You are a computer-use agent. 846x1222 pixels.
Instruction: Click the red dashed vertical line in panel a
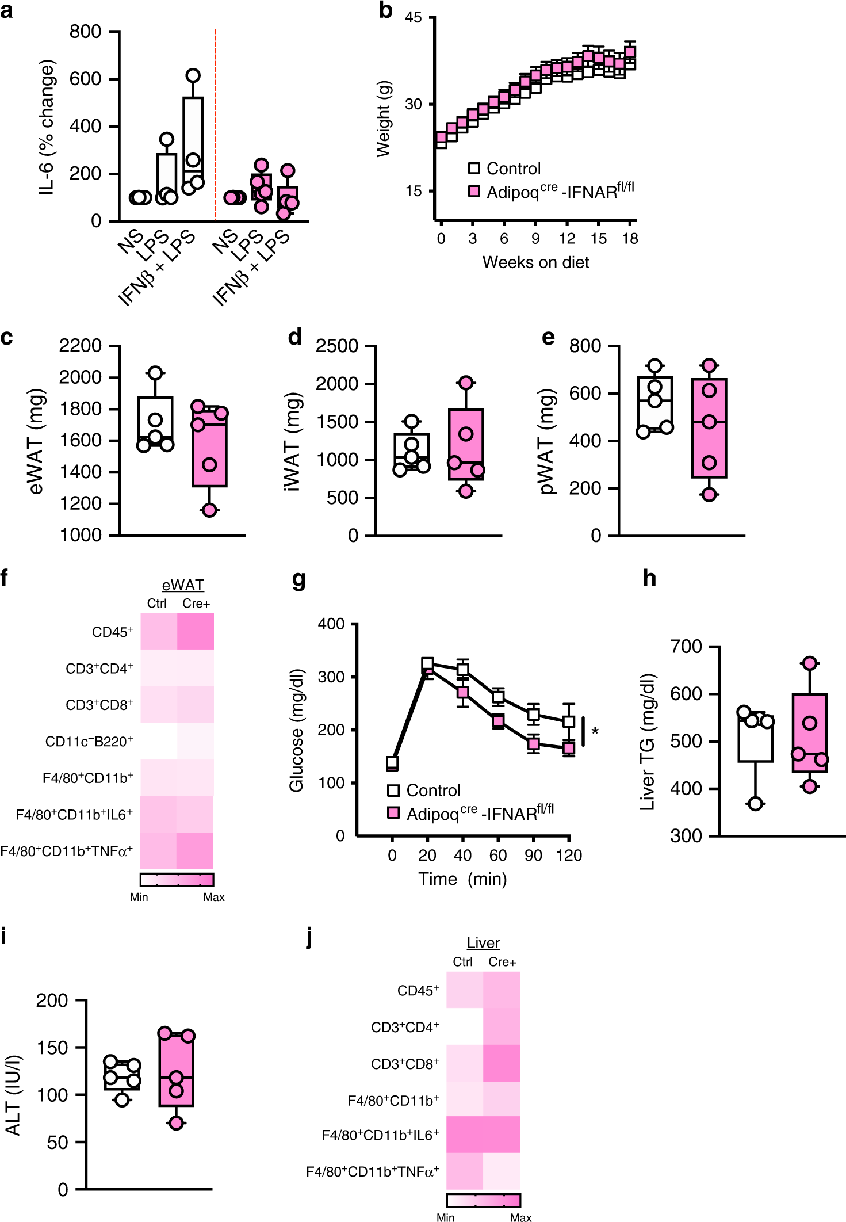coord(215,124)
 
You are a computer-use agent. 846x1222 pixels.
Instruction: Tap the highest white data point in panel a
coord(193,75)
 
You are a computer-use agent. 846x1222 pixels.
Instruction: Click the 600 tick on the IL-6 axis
coord(85,79)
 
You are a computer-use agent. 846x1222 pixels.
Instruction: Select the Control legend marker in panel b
coord(474,168)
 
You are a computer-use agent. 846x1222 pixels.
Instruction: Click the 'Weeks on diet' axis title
coord(535,262)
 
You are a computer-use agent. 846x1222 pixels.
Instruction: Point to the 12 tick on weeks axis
coord(567,238)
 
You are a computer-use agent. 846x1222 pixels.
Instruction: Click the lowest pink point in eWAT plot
coord(209,510)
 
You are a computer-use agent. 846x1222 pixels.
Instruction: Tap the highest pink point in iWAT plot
coord(466,383)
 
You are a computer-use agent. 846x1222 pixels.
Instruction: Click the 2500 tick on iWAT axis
coord(337,346)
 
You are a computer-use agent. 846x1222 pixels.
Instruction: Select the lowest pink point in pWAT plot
coord(709,494)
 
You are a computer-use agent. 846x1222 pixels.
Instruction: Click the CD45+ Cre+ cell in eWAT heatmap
coord(196,631)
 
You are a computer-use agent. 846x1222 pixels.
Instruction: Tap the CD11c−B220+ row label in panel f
coord(89,742)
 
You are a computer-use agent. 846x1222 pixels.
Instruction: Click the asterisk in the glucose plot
coord(595,732)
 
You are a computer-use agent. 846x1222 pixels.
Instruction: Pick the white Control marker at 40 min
coord(462,669)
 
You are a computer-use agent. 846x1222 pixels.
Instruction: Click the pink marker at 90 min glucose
coord(534,743)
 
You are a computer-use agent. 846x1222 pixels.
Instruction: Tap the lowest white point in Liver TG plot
coord(755,804)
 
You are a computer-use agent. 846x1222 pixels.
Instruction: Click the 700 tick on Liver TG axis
coord(686,647)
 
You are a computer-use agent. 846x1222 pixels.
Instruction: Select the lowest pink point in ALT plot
coord(176,1122)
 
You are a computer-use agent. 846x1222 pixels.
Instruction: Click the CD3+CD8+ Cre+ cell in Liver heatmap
coord(502,1063)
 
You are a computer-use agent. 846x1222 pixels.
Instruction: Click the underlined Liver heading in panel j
coord(483,943)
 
